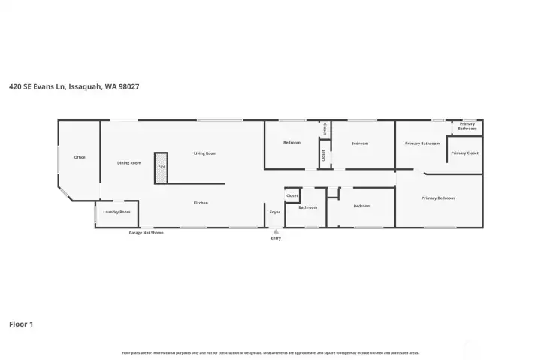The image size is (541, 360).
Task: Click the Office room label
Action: point(80,157)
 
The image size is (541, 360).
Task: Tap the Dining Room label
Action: point(129,163)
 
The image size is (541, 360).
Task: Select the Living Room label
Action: point(205,153)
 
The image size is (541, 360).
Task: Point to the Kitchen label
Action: point(201,203)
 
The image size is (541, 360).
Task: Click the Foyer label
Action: point(275,212)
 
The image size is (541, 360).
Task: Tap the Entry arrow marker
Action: point(276,232)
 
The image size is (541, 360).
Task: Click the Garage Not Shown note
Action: point(146,233)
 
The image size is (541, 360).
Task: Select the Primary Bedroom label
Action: point(438,198)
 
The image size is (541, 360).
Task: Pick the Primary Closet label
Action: point(464,153)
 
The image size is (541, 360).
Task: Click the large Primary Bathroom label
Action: point(422,144)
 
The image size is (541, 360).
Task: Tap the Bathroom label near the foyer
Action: point(308,207)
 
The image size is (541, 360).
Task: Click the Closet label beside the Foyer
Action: point(292,196)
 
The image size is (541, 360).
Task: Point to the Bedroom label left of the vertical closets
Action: point(292,143)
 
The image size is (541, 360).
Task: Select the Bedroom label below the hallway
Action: point(362,206)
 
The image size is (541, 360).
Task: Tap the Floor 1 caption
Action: point(21,324)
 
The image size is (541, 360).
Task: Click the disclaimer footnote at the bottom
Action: point(270,352)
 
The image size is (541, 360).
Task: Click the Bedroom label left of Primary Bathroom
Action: point(359,143)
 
